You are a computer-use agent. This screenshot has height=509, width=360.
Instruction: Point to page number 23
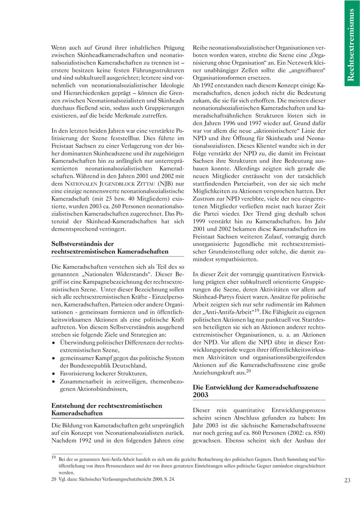click(347, 481)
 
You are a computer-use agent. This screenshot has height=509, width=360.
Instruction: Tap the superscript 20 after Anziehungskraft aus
click(248, 371)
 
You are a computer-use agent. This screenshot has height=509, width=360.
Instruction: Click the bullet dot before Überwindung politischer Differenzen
click(54, 343)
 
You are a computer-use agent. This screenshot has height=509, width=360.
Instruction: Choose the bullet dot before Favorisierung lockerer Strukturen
click(54, 373)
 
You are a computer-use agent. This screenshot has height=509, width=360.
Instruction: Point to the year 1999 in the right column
click(200, 220)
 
